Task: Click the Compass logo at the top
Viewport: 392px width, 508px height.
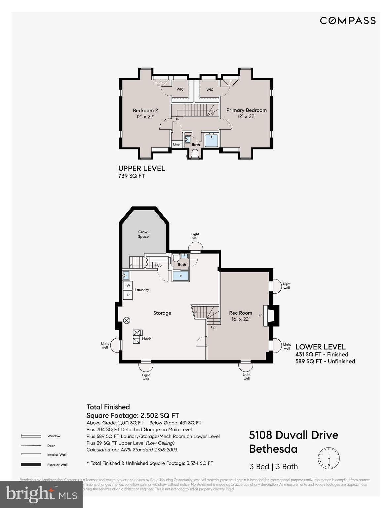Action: click(x=348, y=21)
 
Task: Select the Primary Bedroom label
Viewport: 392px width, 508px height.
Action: click(x=246, y=110)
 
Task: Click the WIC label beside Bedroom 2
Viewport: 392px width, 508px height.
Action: click(x=180, y=89)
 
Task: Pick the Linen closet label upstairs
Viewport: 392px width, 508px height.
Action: click(x=177, y=145)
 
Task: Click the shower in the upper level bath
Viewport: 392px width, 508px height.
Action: click(x=211, y=140)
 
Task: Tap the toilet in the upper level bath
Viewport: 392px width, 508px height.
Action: click(x=195, y=153)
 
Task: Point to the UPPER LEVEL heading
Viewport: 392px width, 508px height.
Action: click(x=142, y=168)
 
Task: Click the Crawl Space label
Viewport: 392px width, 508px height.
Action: click(x=143, y=234)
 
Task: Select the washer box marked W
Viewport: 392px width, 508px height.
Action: click(x=128, y=285)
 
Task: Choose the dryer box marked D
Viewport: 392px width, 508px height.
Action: click(x=128, y=295)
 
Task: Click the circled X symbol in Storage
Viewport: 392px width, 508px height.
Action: click(x=127, y=320)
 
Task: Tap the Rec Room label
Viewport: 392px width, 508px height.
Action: click(x=241, y=313)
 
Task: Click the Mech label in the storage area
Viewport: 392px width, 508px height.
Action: click(x=146, y=339)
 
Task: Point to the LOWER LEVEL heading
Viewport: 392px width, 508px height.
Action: click(x=320, y=347)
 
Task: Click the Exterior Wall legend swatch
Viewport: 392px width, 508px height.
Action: click(x=31, y=464)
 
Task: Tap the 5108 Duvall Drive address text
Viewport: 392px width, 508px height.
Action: click(x=294, y=435)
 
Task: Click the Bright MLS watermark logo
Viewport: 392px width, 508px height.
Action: click(x=41, y=494)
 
